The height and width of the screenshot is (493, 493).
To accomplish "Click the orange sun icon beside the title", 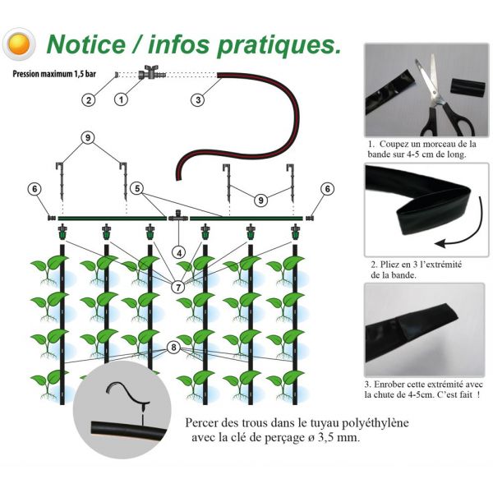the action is tap(19, 44).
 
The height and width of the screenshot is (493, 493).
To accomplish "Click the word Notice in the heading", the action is tap(85, 44).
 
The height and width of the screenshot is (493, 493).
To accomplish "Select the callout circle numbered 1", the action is tap(121, 99).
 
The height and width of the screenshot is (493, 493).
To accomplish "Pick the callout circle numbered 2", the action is tap(89, 100).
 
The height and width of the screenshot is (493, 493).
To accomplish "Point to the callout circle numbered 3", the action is tap(198, 100).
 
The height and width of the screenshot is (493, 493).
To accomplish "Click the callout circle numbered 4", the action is tap(179, 253).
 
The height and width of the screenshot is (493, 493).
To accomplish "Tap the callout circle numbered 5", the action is tap(137, 189).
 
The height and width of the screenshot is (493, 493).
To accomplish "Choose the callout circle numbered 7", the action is tap(178, 287).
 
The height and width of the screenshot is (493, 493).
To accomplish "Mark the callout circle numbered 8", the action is tap(173, 348).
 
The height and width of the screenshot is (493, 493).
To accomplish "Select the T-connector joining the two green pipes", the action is tap(178, 215).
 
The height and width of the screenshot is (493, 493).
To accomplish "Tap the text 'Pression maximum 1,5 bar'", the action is tap(54, 74).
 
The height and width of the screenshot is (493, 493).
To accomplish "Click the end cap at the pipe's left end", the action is tap(52, 218).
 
